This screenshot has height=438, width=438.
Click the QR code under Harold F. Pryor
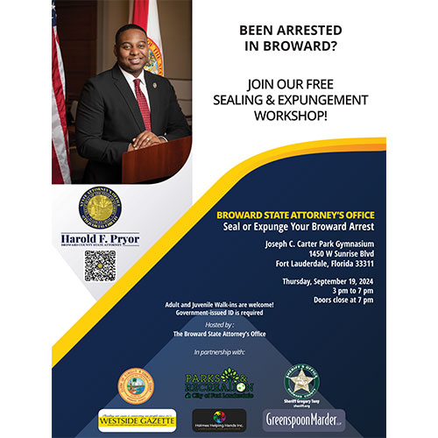point(99,265)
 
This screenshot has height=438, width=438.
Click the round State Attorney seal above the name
point(99,207)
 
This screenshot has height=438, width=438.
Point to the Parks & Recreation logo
point(218,384)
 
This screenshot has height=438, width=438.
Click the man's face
point(132,50)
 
